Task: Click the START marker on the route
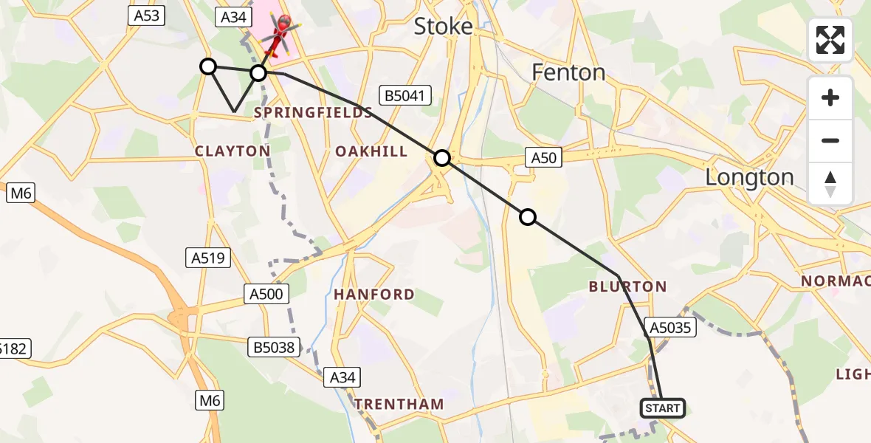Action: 663,408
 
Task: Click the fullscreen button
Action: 830,40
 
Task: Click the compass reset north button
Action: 830,184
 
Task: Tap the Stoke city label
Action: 443,27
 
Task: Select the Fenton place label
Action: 568,72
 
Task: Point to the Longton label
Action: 749,177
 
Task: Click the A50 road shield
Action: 544,157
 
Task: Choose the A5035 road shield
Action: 670,326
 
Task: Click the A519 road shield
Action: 208,258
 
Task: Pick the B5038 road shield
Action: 274,345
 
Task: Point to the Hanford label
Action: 373,295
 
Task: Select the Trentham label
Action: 399,405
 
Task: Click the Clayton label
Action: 233,151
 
